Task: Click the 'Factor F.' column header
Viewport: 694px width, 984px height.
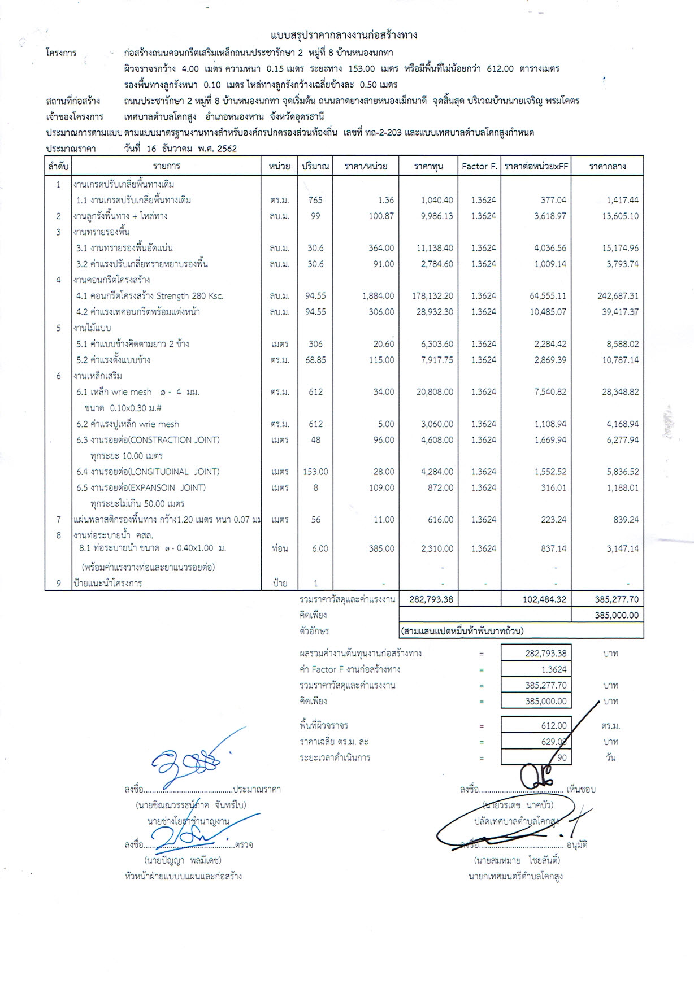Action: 479,167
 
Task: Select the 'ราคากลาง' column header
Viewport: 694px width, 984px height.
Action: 608,167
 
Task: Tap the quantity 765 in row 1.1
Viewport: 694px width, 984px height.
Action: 315,200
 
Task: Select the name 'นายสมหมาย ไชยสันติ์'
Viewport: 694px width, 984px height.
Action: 517,861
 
